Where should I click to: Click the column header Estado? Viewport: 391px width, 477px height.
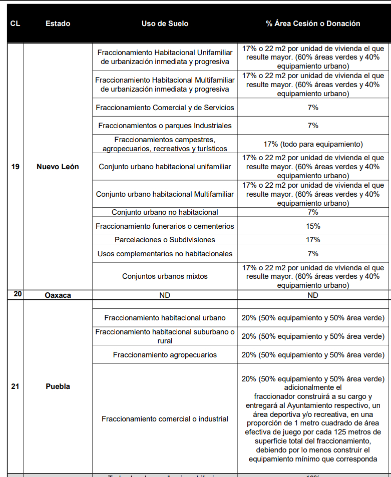pyautogui.click(x=58, y=24)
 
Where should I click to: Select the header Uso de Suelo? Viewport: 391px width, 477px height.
pyautogui.click(x=165, y=24)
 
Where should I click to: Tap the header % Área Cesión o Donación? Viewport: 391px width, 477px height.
pyautogui.click(x=313, y=24)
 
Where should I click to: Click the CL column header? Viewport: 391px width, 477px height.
pyautogui.click(x=15, y=24)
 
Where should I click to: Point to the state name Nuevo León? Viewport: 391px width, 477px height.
pyautogui.click(x=58, y=167)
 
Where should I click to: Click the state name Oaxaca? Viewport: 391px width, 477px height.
pyautogui.click(x=58, y=295)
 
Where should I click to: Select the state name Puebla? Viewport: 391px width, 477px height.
pyautogui.click(x=58, y=386)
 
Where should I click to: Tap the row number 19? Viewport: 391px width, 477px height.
pyautogui.click(x=15, y=167)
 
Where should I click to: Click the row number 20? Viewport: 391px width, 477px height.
pyautogui.click(x=18, y=294)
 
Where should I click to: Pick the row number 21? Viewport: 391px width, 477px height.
pyautogui.click(x=15, y=386)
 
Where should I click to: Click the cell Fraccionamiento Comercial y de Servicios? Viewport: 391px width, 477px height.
pyautogui.click(x=165, y=108)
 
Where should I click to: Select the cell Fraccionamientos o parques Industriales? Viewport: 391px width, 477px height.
pyautogui.click(x=165, y=125)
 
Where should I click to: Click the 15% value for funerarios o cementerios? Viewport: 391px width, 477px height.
pyautogui.click(x=313, y=226)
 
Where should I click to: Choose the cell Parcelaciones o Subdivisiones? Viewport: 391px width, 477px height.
pyautogui.click(x=165, y=240)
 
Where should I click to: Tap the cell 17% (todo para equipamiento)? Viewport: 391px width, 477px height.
pyautogui.click(x=313, y=144)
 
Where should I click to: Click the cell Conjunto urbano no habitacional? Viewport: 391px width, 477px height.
pyautogui.click(x=165, y=212)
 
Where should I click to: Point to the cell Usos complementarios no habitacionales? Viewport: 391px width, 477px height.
pyautogui.click(x=165, y=254)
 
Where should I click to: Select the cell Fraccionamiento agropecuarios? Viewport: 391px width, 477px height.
pyautogui.click(x=165, y=355)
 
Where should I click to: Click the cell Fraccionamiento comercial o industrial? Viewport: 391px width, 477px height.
pyautogui.click(x=165, y=419)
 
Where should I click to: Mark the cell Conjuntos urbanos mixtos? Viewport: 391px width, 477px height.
pyautogui.click(x=165, y=276)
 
